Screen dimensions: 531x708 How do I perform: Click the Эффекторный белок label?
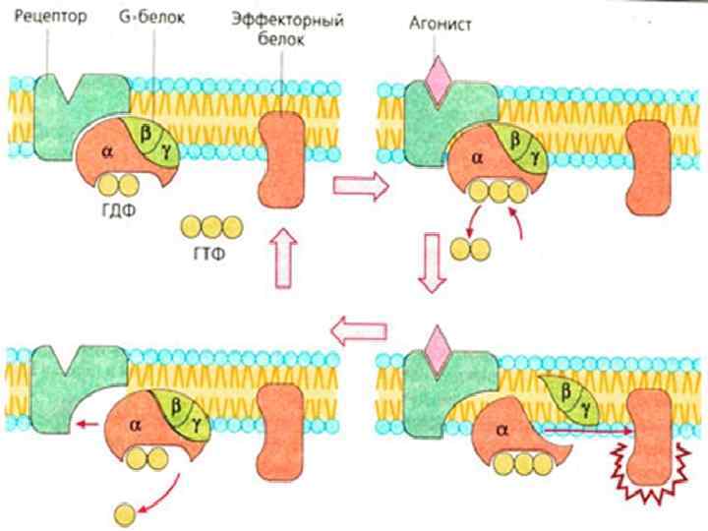[x=286, y=29]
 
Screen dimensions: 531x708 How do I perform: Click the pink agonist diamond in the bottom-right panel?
[x=436, y=346]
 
